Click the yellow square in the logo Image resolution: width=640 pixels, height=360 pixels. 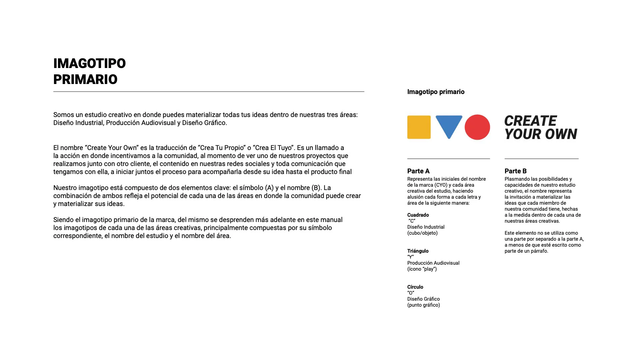(419, 127)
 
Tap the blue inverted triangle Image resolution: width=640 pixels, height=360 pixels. (449, 125)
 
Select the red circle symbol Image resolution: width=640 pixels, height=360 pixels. (477, 127)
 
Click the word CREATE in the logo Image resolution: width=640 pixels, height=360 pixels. (530, 121)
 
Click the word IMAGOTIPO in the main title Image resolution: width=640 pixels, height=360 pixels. (89, 63)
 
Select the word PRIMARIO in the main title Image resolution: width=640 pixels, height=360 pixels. (85, 79)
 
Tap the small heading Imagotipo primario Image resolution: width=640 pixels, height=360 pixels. (436, 92)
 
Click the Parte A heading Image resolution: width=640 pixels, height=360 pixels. (418, 171)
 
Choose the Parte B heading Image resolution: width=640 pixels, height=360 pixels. (515, 171)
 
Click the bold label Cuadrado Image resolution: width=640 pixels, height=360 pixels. (418, 215)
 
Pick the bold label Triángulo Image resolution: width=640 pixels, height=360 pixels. (418, 251)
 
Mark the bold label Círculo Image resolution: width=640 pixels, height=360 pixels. (415, 287)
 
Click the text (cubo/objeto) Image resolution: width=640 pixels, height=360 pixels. (422, 233)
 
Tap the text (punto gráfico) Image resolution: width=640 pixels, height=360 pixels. (423, 305)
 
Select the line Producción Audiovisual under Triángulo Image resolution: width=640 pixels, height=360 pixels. (433, 263)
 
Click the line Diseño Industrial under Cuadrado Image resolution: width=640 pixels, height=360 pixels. (426, 227)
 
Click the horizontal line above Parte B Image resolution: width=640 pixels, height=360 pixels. (541, 159)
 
